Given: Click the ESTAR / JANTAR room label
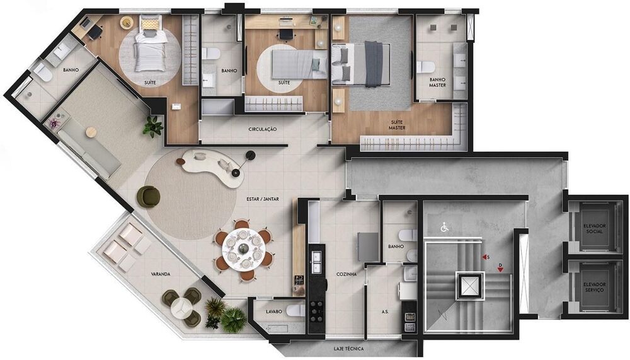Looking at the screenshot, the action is [x=262, y=199].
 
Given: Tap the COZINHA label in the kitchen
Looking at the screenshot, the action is [x=346, y=274].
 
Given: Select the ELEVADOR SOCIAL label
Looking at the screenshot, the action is [x=594, y=228].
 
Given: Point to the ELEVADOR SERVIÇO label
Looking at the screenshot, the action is [x=594, y=287].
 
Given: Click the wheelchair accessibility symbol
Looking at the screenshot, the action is [x=444, y=228].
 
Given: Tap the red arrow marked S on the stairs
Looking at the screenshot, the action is [x=485, y=257].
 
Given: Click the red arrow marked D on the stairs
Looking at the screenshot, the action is [x=500, y=269].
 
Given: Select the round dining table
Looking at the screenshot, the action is [x=243, y=250].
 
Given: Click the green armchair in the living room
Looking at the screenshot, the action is [x=149, y=197].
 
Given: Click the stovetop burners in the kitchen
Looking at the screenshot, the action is [x=317, y=311].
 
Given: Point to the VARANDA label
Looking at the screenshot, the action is [x=160, y=274].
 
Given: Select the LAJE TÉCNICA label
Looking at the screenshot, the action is [x=348, y=349].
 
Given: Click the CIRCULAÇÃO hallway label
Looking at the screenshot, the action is [x=263, y=129].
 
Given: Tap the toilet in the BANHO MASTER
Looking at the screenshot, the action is [x=425, y=67].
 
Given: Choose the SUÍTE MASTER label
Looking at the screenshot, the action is [x=396, y=125].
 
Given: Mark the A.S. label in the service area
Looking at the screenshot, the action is [x=384, y=311].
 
